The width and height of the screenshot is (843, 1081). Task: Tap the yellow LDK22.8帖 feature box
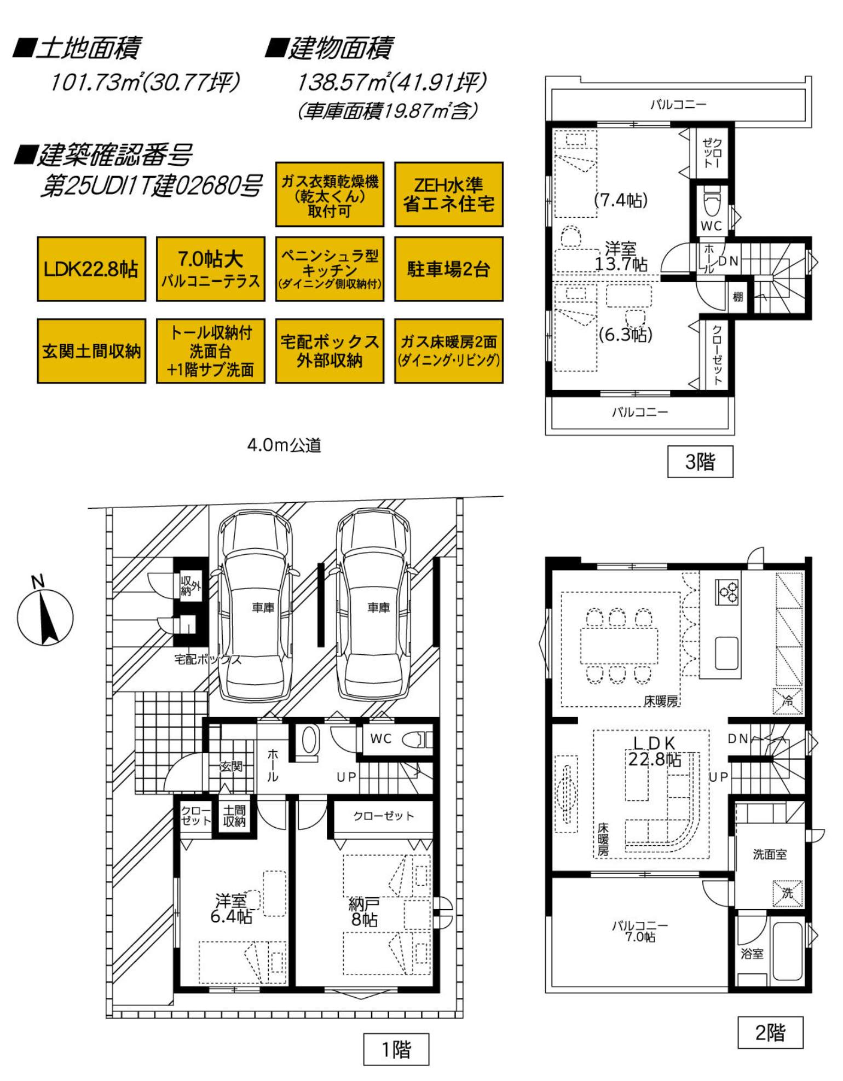tap(91, 269)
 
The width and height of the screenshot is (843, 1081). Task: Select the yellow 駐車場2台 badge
tap(448, 269)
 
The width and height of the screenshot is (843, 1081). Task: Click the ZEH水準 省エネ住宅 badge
tap(448, 194)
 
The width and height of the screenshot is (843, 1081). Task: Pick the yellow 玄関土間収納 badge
tap(91, 351)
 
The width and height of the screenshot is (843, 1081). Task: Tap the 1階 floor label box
tap(396, 1049)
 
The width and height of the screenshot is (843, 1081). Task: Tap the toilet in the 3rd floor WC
tap(712, 203)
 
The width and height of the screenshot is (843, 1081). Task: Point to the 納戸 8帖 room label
tap(364, 912)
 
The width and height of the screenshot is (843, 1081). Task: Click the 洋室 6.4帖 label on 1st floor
tap(232, 909)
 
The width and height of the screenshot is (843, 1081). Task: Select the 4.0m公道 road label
tap(284, 445)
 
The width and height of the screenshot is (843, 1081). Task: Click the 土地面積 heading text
tap(78, 48)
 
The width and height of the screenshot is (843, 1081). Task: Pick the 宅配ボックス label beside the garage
tap(208, 659)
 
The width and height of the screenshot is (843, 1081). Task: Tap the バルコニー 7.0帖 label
tap(640, 931)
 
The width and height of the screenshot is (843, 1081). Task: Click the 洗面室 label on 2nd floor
tap(770, 854)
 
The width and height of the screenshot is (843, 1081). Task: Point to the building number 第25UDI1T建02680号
tap(151, 186)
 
